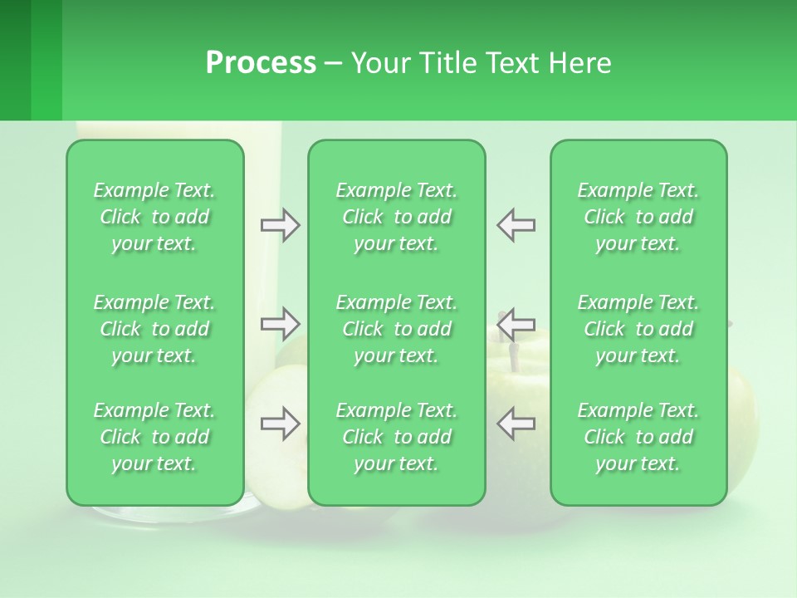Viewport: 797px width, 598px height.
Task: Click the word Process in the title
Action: coord(261,63)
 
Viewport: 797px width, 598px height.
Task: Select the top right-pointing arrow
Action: coord(281,225)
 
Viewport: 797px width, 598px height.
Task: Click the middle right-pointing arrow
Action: coord(281,323)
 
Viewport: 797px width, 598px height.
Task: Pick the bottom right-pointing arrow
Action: coord(281,424)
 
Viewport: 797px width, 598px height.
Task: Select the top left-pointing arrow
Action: coord(516,225)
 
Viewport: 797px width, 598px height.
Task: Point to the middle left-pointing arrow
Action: coord(516,323)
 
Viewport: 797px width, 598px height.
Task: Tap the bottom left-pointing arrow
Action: coord(516,424)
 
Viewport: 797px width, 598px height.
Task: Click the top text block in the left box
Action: coord(154,217)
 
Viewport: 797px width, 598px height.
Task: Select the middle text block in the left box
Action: coord(154,329)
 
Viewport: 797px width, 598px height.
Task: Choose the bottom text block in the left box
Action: coord(154,437)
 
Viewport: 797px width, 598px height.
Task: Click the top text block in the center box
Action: coord(397,217)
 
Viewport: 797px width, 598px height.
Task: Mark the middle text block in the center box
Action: coord(397,329)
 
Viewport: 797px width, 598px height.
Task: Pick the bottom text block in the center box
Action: coord(397,437)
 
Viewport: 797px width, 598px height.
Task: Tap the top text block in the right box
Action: coord(638,217)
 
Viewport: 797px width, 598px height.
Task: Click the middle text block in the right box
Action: coord(638,329)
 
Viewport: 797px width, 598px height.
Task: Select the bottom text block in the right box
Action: coord(638,437)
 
